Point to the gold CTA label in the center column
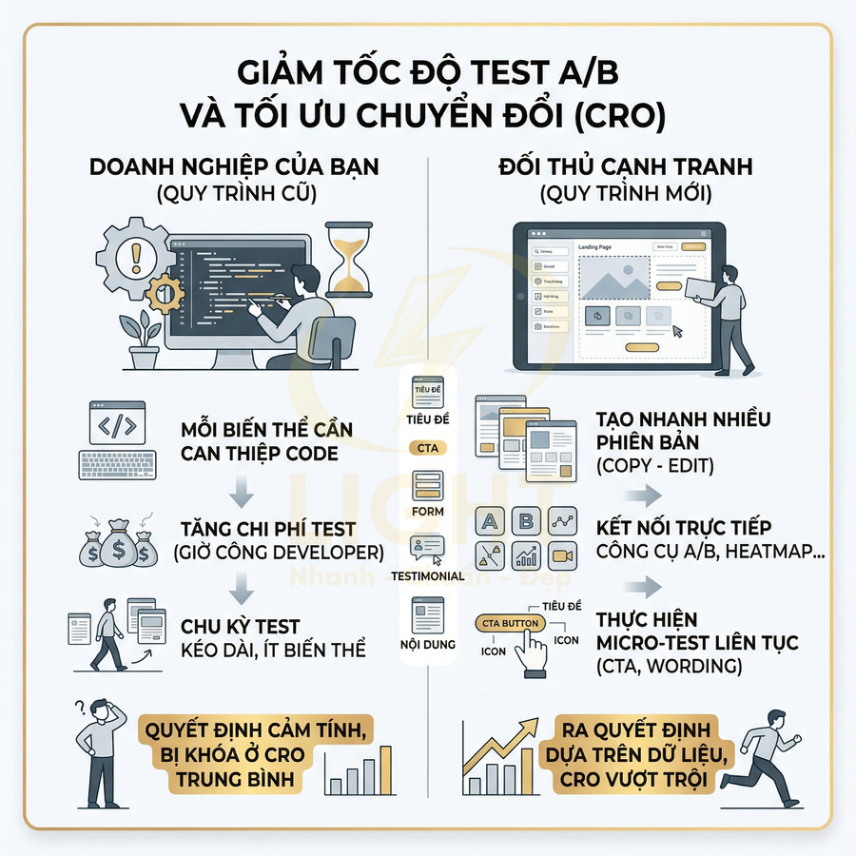click(427, 447)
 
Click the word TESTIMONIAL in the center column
click(427, 575)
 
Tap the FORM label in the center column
click(428, 511)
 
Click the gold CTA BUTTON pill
click(509, 623)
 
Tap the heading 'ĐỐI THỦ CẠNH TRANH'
click(626, 166)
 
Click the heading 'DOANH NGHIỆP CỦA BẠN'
click(233, 166)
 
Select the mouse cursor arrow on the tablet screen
click(677, 331)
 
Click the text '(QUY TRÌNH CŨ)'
click(233, 194)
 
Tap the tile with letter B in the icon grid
click(525, 521)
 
